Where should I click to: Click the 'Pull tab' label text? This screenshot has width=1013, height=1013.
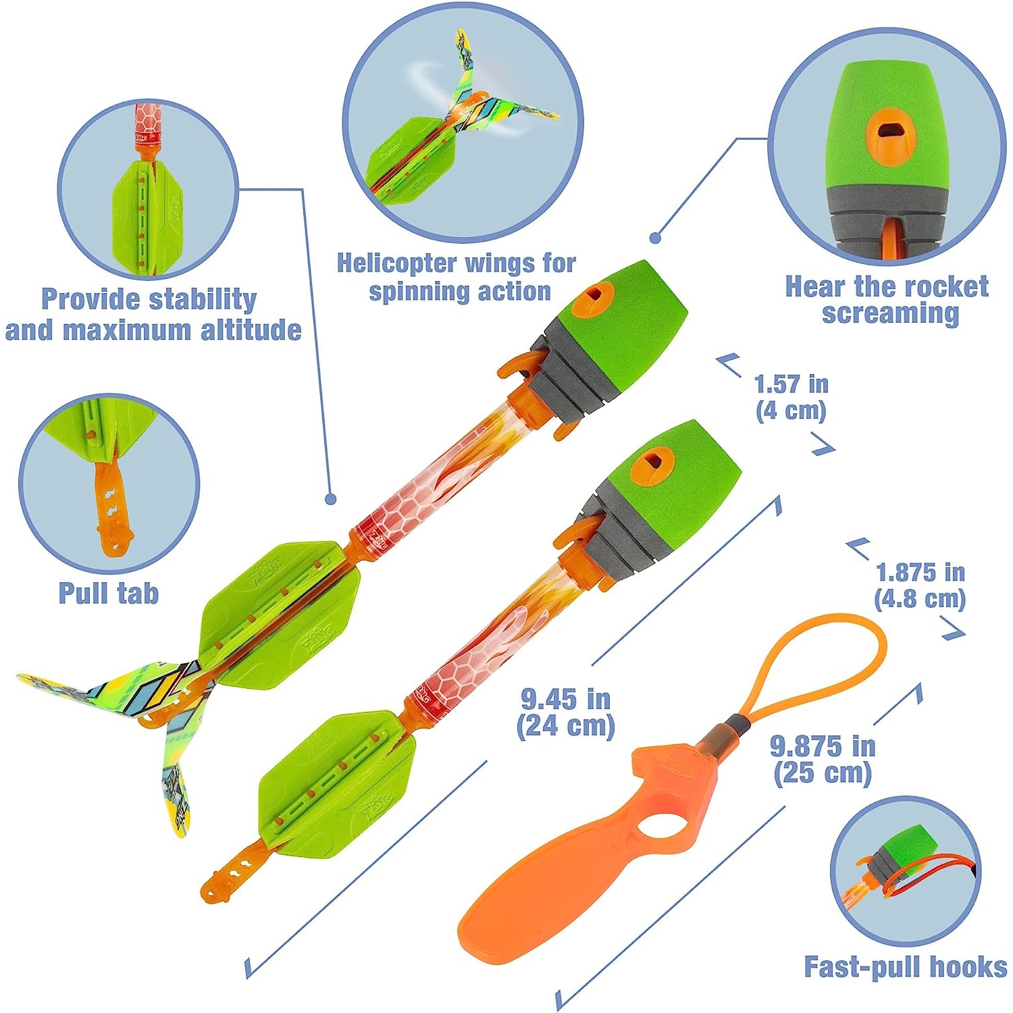[109, 593]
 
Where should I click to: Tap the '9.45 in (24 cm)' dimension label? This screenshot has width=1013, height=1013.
[566, 712]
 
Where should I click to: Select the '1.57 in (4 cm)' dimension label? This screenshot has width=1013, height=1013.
[791, 397]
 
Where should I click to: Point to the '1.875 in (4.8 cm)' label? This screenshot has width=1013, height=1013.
[920, 586]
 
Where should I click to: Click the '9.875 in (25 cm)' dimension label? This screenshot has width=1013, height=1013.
[823, 760]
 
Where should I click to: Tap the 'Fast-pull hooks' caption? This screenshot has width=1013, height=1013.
[905, 966]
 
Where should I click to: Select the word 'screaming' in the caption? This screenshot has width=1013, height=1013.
[890, 313]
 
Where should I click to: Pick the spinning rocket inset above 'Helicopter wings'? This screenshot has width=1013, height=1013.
[462, 125]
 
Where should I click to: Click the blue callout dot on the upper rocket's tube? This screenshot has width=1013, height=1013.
[330, 499]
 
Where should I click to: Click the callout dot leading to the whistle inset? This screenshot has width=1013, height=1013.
[654, 238]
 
